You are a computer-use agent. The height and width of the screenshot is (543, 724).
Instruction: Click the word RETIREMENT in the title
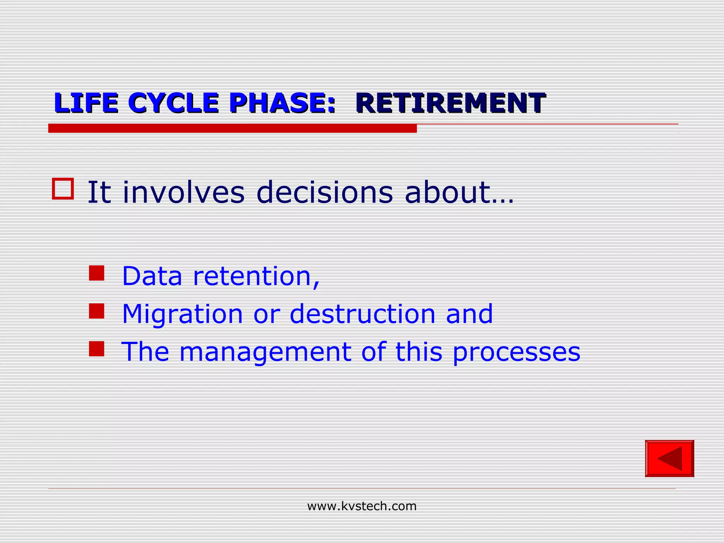pos(450,103)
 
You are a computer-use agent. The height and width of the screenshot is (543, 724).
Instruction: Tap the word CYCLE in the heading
pos(173,103)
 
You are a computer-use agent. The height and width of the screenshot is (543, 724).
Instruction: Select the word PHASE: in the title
pos(282,103)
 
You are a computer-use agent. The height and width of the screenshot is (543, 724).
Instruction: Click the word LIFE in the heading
pos(86,103)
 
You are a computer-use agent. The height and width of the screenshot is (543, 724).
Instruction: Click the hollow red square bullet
pos(63,189)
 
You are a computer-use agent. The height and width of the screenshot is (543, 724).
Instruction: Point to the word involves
pos(183,192)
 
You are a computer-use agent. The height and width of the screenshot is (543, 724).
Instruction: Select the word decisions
pos(324,192)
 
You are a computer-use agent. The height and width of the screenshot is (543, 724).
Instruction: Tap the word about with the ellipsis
pos(459,192)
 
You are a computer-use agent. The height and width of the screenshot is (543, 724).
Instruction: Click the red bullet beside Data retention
pos(97,273)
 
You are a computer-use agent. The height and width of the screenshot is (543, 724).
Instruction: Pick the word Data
pos(152,276)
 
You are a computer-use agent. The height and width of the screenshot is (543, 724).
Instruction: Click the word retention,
pos(256,276)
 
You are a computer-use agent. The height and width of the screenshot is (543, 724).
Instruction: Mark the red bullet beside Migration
pos(97,311)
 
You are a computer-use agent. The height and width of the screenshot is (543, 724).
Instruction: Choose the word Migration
pos(182,314)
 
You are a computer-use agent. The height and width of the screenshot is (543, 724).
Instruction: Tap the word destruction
pos(362,314)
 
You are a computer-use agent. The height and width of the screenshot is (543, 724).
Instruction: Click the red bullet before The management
pos(97,349)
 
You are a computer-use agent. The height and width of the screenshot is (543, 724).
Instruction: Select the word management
pos(265,352)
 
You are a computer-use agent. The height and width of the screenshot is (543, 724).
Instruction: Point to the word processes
pos(516,352)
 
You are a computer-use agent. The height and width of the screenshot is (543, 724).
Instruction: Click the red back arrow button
pos(669,459)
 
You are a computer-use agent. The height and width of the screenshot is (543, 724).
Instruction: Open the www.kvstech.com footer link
pos(362,506)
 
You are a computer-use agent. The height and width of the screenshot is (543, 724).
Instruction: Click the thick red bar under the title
pos(232,128)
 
